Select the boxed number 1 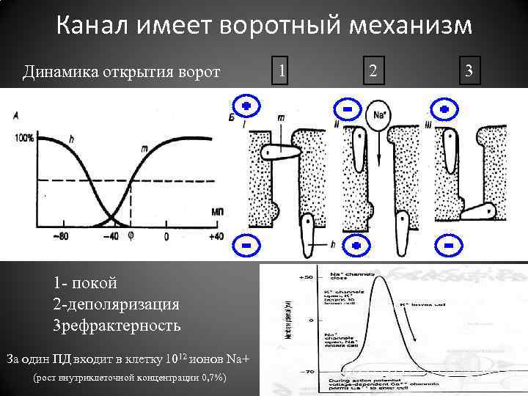click(282, 71)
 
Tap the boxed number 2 click(373, 71)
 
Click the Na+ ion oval click(378, 117)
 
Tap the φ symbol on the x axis click(132, 236)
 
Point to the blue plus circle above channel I click(246, 107)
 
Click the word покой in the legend click(94, 283)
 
